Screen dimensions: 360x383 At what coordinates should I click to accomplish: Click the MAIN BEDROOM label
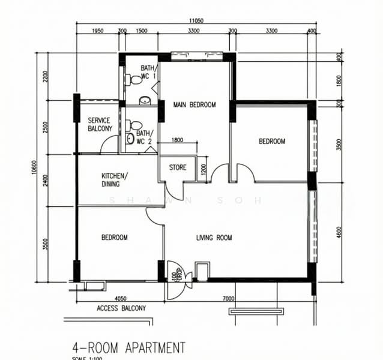194,105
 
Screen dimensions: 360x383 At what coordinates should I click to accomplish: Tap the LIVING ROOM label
214,238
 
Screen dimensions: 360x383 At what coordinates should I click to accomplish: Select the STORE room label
177,167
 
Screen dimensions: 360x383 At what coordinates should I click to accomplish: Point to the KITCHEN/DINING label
114,180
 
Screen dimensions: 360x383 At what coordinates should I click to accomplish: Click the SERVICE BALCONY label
100,125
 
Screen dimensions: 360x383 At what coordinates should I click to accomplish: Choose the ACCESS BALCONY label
121,308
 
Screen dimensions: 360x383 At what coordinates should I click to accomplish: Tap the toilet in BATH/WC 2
130,125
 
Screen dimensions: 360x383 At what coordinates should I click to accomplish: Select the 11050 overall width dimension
196,20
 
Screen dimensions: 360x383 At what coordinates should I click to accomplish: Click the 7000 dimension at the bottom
228,298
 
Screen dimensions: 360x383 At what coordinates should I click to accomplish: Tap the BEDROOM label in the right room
271,142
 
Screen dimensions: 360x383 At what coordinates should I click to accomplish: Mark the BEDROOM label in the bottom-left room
114,238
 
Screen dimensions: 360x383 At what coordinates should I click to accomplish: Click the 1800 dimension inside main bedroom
177,140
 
